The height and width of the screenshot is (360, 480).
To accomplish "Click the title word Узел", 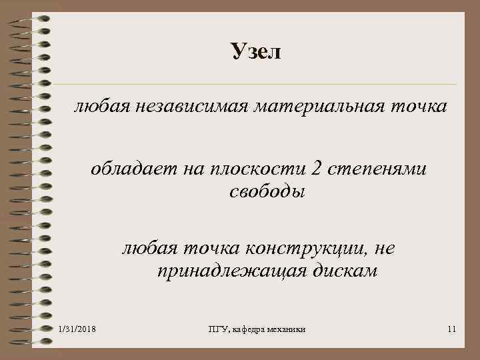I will pos(256,51).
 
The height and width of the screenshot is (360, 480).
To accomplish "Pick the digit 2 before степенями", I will pos(316,171).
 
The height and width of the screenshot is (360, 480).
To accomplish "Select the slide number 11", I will pos(451,329).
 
